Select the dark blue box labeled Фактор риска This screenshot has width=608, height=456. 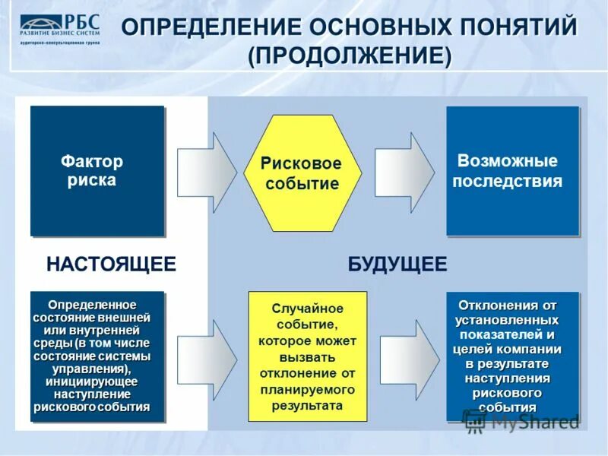pos(97,171)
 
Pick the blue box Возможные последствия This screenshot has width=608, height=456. pos(512,171)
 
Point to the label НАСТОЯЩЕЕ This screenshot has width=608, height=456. pos(111,264)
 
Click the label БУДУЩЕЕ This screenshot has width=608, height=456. pos(397,264)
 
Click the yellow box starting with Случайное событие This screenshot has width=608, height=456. pos(307,356)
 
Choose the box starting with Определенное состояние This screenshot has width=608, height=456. pos(97,356)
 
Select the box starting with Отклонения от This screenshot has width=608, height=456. pos(512,356)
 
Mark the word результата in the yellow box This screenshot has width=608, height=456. pos(307,405)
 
